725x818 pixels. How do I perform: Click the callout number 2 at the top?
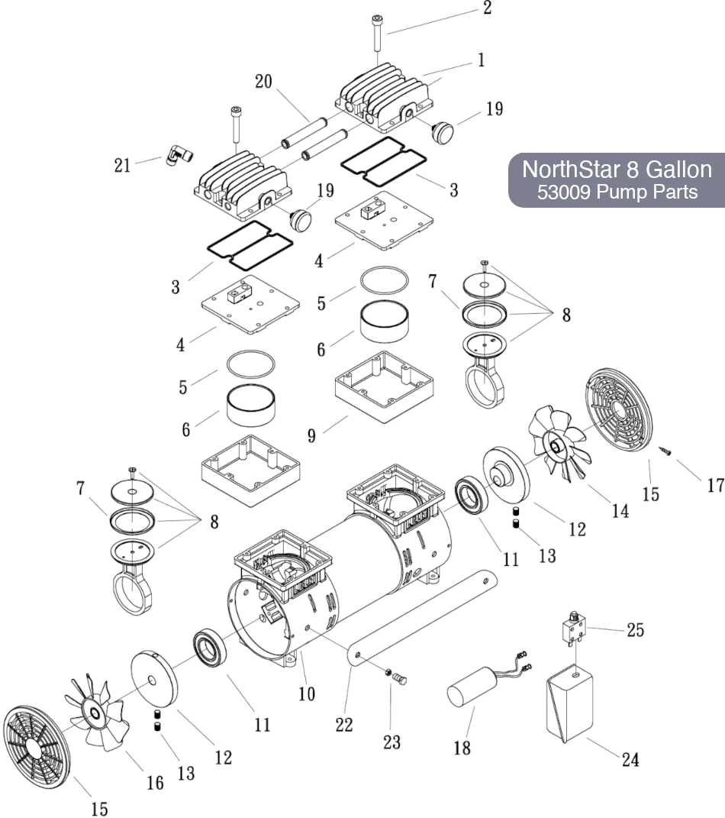487,8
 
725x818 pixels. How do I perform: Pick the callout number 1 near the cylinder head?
481,60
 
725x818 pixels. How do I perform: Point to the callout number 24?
630,759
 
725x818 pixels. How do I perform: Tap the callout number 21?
122,164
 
